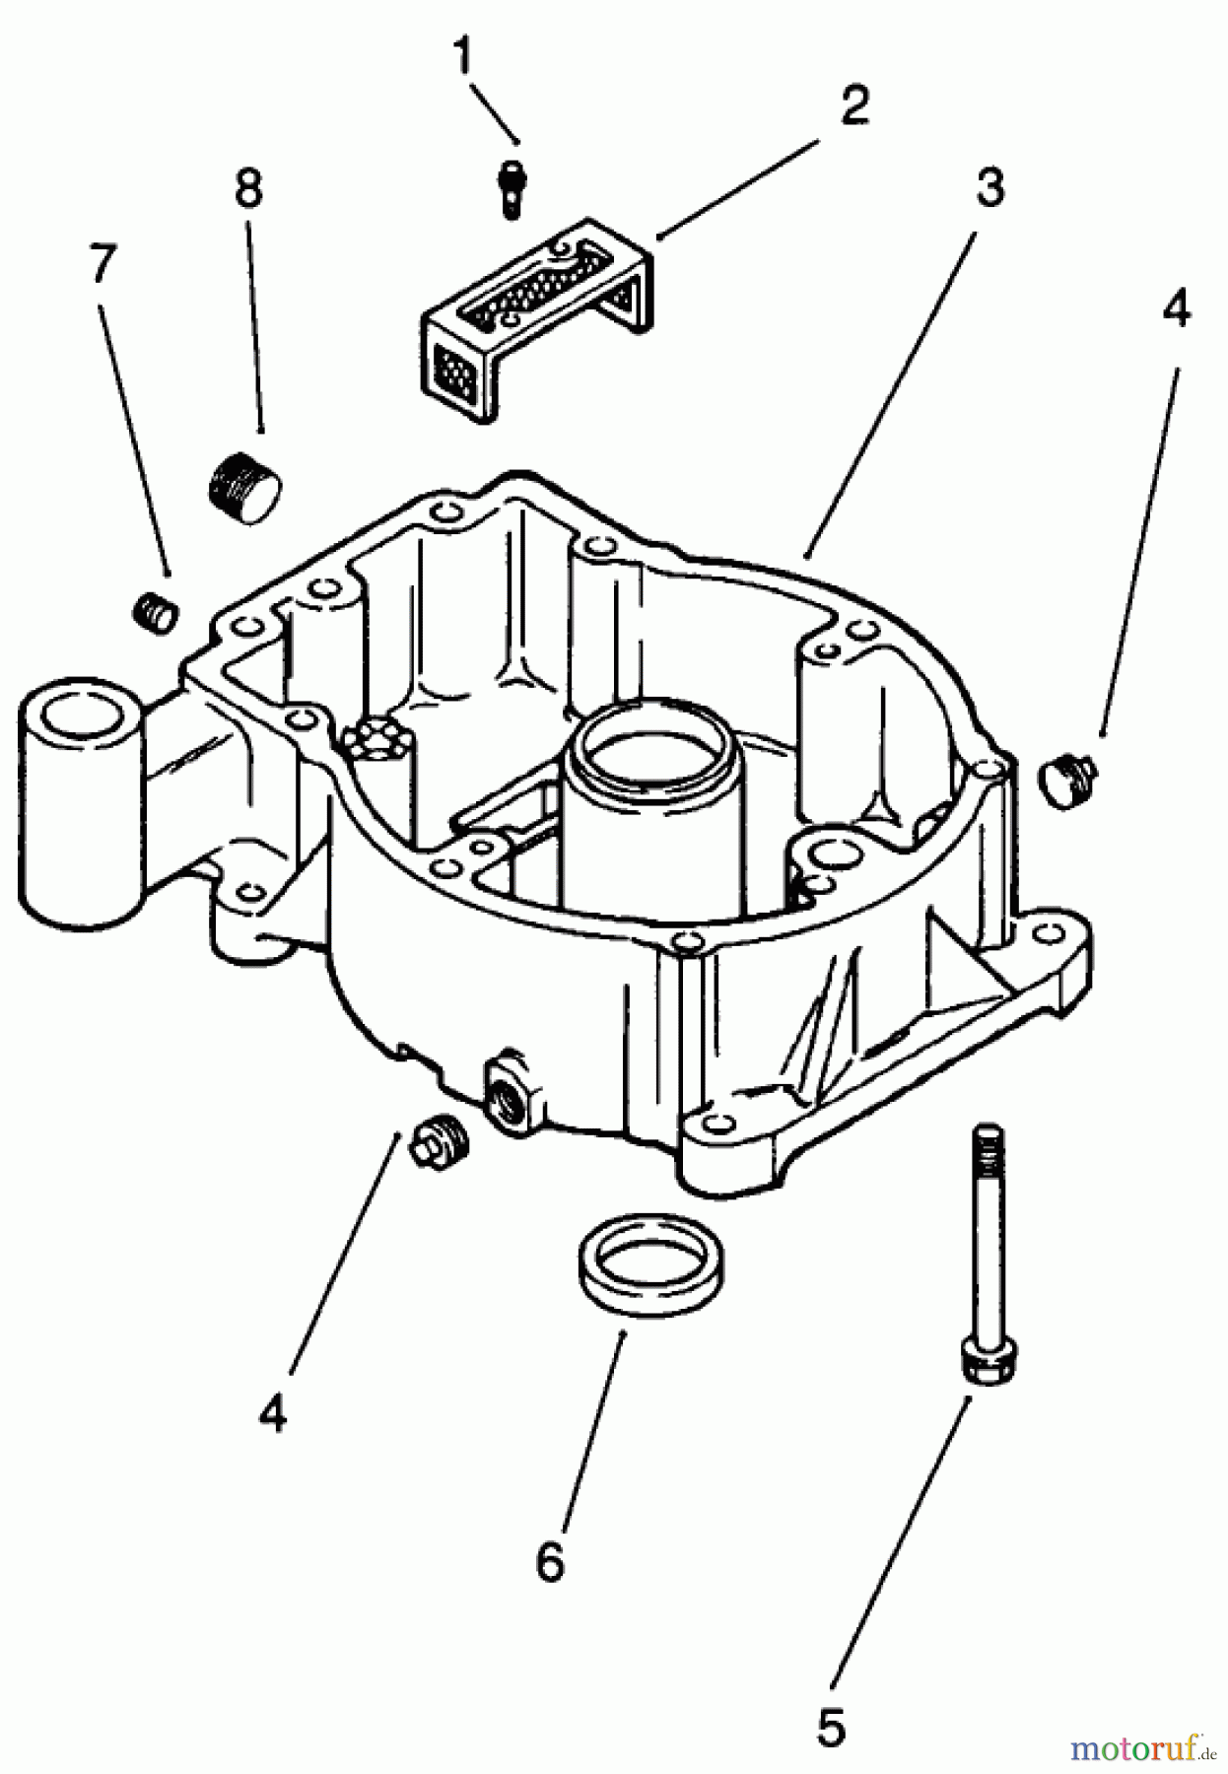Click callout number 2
tap(853, 105)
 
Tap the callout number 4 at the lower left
tap(273, 1414)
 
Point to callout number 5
tap(830, 1726)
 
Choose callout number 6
tap(550, 1560)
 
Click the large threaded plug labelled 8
tap(245, 480)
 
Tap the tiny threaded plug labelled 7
tap(155, 612)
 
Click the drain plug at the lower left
tap(442, 1144)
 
